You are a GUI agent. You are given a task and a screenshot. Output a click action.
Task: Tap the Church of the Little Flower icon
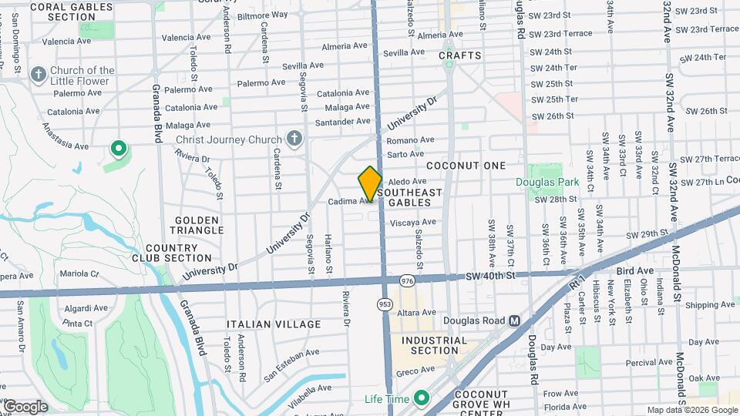(x=38, y=75)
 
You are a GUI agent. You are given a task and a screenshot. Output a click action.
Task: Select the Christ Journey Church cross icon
(x=293, y=139)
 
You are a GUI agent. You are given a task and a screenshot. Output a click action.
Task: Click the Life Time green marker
(x=421, y=398)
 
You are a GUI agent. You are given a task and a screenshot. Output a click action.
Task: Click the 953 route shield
(x=384, y=304)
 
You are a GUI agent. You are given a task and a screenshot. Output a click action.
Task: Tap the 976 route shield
(x=406, y=280)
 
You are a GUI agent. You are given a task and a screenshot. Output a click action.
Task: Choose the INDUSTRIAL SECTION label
(x=435, y=345)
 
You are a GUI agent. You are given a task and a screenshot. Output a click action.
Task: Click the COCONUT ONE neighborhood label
(x=466, y=166)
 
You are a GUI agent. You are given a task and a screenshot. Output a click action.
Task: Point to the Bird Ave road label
(x=635, y=271)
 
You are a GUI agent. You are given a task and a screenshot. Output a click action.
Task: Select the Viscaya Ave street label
(x=413, y=223)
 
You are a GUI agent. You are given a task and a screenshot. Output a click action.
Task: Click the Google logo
(x=25, y=406)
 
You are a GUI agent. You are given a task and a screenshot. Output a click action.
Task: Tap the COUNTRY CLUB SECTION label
(x=178, y=253)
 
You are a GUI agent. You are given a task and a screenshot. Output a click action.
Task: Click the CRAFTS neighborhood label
(x=460, y=55)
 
